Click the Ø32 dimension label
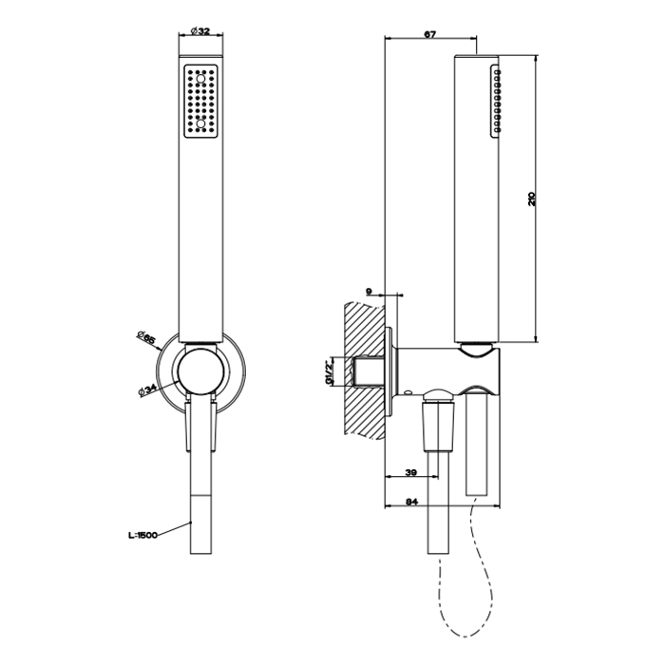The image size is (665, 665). (200, 31)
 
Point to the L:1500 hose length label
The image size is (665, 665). (142, 535)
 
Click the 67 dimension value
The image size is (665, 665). (430, 34)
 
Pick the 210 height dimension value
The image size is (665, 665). (532, 199)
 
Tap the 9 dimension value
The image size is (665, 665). (369, 292)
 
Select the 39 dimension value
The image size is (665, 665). (411, 472)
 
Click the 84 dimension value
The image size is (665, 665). (411, 502)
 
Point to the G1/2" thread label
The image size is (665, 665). (329, 372)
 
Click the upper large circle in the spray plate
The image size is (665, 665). (201, 79)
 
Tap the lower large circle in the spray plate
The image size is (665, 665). (201, 123)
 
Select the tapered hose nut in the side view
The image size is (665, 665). (439, 427)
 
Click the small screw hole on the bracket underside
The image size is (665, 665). (408, 392)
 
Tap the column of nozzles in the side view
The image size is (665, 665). (497, 100)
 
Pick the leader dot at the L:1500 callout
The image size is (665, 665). (191, 522)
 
